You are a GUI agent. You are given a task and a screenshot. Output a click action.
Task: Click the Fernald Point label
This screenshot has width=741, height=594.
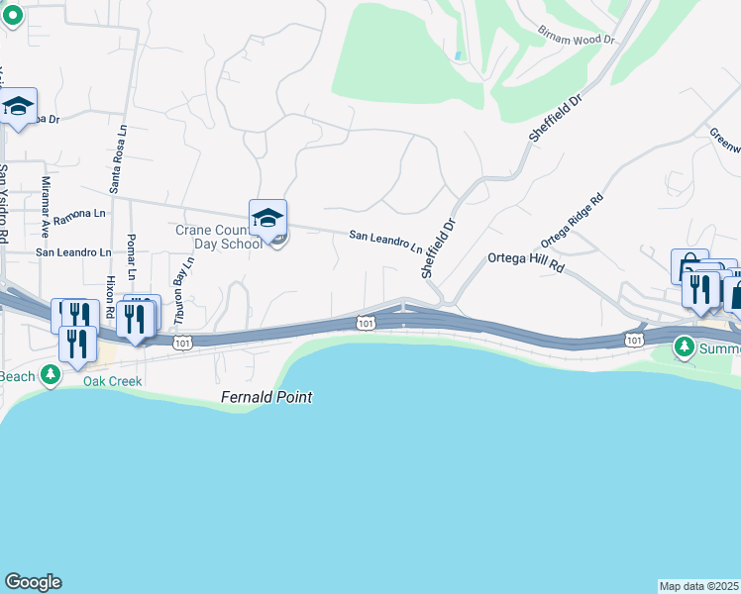coord(265,397)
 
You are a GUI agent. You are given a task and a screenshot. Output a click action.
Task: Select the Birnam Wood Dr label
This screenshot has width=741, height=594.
coord(577,39)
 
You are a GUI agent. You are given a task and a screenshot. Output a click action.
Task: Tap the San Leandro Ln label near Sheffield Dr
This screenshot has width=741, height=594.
coord(385,241)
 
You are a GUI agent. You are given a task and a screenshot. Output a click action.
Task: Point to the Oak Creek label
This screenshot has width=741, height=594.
coord(112,381)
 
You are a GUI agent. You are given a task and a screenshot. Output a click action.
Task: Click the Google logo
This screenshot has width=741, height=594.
coord(33,582)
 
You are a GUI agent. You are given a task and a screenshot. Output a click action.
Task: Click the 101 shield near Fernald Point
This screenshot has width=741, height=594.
coord(365,323)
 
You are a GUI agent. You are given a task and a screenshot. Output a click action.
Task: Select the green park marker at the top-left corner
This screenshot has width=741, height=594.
coord(10,13)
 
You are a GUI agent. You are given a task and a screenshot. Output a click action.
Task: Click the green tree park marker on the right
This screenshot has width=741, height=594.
coord(685,347)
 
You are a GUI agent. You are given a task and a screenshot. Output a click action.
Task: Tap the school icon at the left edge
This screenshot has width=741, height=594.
coord(18,108)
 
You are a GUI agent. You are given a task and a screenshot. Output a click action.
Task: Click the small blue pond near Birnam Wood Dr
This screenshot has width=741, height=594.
coord(457,55)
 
